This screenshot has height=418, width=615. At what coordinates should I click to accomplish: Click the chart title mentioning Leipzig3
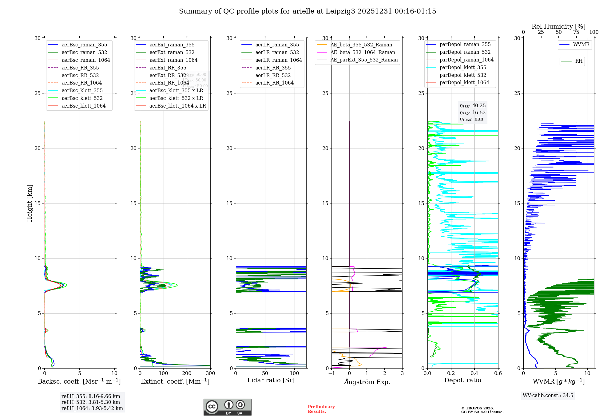click(307, 11)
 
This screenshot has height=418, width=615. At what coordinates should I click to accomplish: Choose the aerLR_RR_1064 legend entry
click(274, 83)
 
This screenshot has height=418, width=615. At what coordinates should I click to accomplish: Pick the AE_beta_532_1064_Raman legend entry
click(363, 52)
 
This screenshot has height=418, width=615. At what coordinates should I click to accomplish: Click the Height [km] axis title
click(30, 203)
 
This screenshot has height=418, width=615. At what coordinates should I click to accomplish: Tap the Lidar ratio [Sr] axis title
click(271, 380)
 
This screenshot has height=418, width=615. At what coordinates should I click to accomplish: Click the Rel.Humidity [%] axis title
click(558, 26)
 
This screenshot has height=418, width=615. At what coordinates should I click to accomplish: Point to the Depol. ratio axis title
click(462, 380)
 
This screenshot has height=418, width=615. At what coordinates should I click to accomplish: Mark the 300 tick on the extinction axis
click(210, 373)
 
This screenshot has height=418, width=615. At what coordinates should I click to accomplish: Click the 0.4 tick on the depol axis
click(474, 373)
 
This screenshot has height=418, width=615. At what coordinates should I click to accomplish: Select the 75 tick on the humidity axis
click(576, 32)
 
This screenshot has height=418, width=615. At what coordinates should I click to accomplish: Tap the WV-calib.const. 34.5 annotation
click(548, 395)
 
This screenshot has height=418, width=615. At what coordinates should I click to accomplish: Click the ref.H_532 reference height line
click(91, 402)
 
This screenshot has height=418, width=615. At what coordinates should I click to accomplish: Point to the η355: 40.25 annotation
click(473, 106)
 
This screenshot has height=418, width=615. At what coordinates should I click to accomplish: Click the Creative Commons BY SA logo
click(227, 407)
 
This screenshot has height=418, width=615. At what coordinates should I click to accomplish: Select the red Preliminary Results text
click(321, 409)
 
